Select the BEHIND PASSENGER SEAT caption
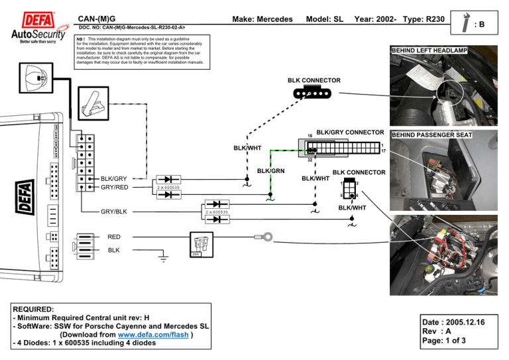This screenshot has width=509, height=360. [x=432, y=135]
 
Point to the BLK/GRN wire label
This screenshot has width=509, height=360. [x=270, y=171]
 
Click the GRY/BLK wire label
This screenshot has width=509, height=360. [x=114, y=212]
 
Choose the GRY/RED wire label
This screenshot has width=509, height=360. [x=114, y=187]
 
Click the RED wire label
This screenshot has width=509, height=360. [x=115, y=235]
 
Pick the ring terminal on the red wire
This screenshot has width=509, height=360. [x=268, y=235]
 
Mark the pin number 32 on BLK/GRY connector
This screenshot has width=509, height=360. [x=310, y=160]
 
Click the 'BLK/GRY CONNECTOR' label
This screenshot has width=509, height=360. [x=351, y=131]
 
